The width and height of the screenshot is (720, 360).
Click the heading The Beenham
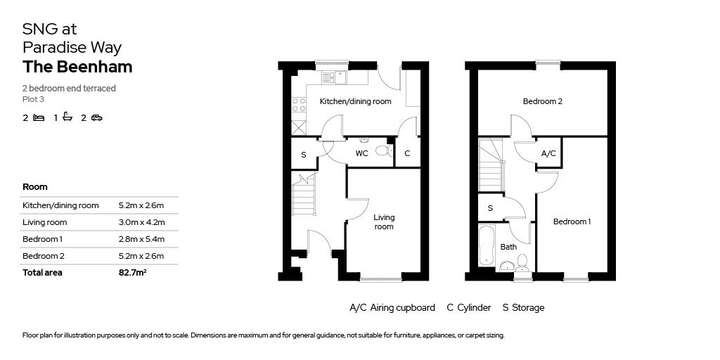77,67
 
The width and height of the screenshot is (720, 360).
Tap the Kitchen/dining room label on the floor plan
355,102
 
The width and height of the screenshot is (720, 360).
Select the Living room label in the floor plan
384,222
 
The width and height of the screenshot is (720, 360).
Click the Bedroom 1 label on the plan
571,222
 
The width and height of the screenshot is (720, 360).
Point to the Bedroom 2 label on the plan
542,102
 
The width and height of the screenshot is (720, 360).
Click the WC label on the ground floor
361,153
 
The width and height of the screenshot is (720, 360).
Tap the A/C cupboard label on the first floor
548,153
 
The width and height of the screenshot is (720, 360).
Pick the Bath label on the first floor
508,247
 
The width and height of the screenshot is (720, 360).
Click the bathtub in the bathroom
486,246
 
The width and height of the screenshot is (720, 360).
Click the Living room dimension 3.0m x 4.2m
141,222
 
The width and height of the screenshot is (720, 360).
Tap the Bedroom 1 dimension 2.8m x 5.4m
141,239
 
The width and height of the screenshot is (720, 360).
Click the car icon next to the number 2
96,118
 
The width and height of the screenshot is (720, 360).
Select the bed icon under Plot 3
39,118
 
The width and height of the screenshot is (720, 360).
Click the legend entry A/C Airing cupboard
392,308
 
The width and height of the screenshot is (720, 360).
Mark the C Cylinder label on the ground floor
407,153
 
